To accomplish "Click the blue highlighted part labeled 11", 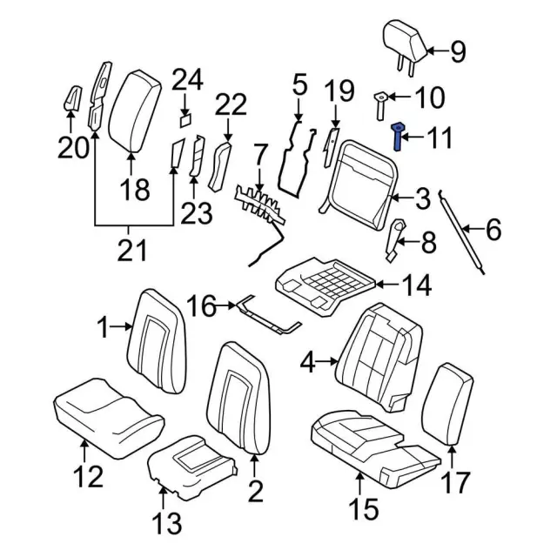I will tap(397, 137).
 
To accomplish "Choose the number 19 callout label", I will tap(339, 91).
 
